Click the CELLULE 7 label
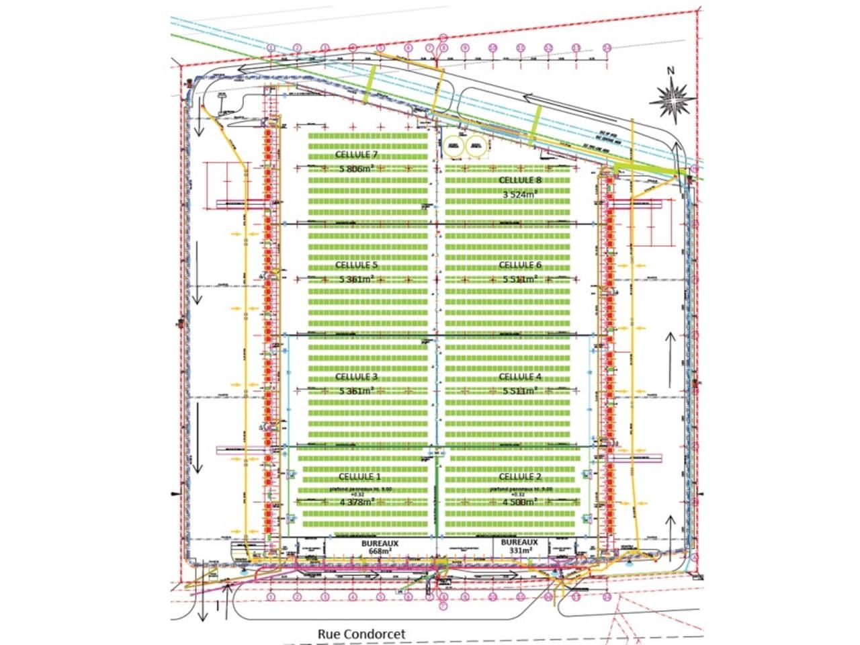point(357,155)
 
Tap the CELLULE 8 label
point(520,180)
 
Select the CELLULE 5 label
point(357,265)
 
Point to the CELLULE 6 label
point(520,265)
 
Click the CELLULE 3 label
point(357,377)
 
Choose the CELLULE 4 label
point(520,377)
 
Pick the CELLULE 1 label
point(359,476)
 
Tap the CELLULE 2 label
point(520,476)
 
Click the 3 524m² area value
point(520,194)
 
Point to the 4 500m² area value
point(520,501)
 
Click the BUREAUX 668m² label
point(380,546)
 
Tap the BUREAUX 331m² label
point(520,546)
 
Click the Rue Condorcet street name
point(361,634)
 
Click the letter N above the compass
point(670,71)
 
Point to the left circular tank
point(454,144)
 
